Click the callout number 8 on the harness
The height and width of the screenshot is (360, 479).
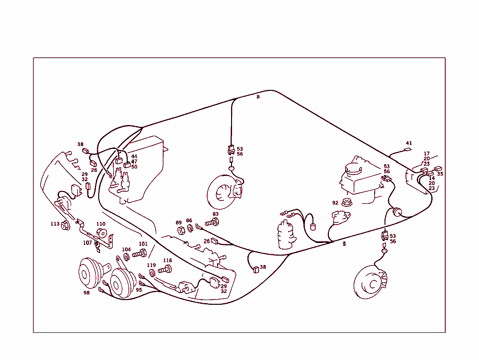point(258,97)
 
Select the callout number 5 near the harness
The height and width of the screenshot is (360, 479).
point(344,244)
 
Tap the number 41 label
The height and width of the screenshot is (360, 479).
point(409,143)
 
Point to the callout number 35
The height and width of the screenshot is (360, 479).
point(440,174)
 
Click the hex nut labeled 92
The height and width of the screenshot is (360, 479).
point(347,203)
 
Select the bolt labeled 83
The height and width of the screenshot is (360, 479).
point(211,222)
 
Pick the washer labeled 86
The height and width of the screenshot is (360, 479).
point(190,228)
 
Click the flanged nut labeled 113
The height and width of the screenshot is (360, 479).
point(66,226)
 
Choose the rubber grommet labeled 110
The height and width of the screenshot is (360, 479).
point(101,234)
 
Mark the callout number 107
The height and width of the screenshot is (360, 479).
point(87,243)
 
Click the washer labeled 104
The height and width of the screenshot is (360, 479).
point(127,257)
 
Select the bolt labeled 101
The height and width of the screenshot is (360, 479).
point(139,254)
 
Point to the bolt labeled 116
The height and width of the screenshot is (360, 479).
point(165,269)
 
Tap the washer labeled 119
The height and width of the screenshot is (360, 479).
point(152,273)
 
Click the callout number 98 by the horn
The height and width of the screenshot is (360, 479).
point(87,293)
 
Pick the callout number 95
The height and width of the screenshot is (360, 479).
point(139,290)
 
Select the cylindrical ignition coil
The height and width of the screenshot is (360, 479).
point(285,235)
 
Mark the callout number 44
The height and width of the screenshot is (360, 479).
point(134,157)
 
